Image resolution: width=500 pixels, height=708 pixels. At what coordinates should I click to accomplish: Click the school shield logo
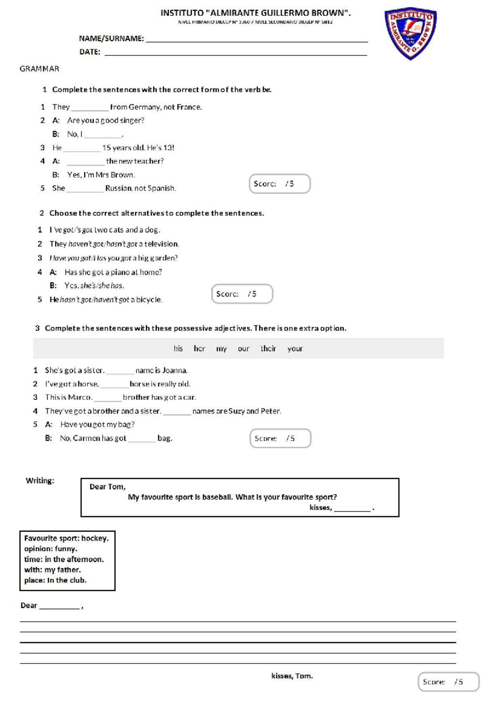[x=410, y=33]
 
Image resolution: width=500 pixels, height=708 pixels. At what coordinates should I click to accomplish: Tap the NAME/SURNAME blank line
[x=256, y=41]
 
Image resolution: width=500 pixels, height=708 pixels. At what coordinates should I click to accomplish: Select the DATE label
[x=90, y=52]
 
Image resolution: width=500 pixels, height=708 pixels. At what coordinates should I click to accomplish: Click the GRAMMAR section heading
[x=40, y=69]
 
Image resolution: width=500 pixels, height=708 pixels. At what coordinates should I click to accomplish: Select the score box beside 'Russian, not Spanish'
[x=280, y=184]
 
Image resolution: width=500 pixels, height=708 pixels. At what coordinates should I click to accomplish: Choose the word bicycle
[x=148, y=300]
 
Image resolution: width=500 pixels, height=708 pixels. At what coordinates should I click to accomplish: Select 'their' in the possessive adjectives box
[x=268, y=349]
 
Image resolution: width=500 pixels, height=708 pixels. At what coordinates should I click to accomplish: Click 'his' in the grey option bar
[x=178, y=349]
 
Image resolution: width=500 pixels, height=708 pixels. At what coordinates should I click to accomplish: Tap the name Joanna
[x=175, y=370]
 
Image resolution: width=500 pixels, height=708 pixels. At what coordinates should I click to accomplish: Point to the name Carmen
[x=86, y=438]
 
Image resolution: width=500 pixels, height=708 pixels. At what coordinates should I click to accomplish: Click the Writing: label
[x=40, y=481]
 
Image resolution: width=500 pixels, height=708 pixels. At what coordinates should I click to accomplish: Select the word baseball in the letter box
[x=217, y=497]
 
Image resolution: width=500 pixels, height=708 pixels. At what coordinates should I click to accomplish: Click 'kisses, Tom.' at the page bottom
[x=292, y=676]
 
